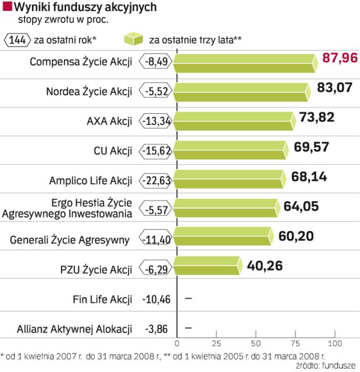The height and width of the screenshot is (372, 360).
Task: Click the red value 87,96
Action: point(340,59)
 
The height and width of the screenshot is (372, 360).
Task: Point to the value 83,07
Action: point(335,88)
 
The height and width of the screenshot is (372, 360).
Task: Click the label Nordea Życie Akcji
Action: point(89,91)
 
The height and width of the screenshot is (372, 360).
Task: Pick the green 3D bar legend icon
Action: point(133,40)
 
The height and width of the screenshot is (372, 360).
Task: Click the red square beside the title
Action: point(6,8)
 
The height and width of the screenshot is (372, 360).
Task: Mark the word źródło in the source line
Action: point(308,364)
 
